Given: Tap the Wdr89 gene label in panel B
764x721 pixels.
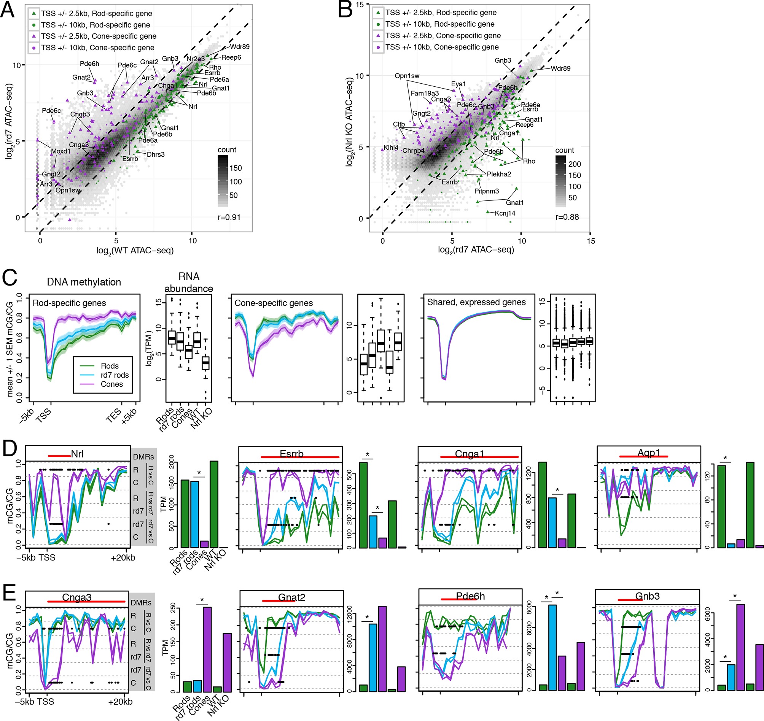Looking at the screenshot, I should (x=560, y=68).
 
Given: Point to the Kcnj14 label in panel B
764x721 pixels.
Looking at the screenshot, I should (x=505, y=213).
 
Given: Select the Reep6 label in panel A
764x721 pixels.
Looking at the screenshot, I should (x=231, y=58).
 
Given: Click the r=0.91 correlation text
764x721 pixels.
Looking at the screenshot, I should (x=229, y=218).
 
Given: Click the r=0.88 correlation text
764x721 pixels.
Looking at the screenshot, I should (x=567, y=217).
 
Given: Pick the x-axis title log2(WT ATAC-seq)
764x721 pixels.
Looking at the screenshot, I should (x=135, y=251).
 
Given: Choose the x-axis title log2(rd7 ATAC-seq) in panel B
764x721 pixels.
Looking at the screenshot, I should (x=476, y=250).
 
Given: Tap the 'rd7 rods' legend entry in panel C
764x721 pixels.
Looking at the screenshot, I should (x=115, y=375).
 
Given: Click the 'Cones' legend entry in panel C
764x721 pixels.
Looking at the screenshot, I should (x=111, y=384).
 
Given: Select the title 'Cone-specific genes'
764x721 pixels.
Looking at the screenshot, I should (x=274, y=303).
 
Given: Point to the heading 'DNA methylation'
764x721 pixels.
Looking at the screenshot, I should (x=84, y=282).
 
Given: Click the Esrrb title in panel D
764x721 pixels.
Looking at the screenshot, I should (x=291, y=454).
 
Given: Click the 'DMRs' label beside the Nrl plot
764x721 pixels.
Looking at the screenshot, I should (x=143, y=457).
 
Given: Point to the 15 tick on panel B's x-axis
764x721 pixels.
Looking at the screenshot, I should (x=591, y=241).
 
